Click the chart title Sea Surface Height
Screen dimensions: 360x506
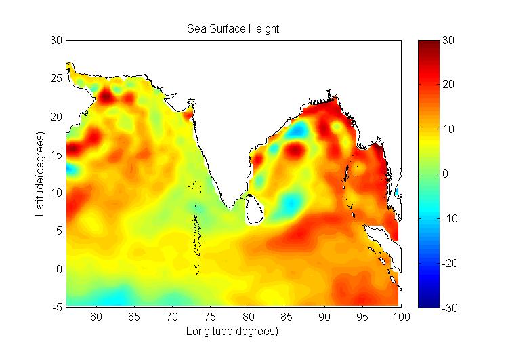point(234,29)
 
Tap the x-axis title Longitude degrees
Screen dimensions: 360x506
point(233,332)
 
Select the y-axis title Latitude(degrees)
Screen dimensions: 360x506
point(40,174)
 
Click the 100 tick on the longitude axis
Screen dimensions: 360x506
point(401,317)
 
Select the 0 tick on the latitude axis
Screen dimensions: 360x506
point(58,269)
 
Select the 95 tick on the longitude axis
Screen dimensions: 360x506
point(363,317)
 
